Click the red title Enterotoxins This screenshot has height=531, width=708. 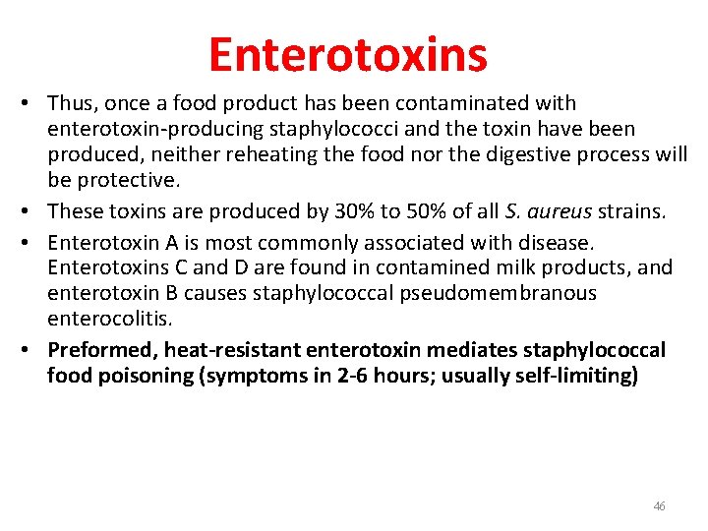coord(347,54)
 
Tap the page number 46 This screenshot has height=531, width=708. coord(659,506)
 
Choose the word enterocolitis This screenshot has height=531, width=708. coord(109,319)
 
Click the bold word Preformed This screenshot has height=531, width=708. coord(102,350)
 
